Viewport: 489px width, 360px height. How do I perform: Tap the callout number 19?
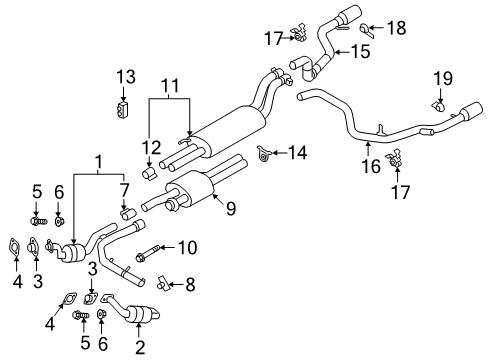[441, 79]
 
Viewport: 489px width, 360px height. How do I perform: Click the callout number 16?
[373, 166]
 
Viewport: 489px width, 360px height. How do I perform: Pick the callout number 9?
[231, 209]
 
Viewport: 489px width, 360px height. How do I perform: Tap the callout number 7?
[125, 191]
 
